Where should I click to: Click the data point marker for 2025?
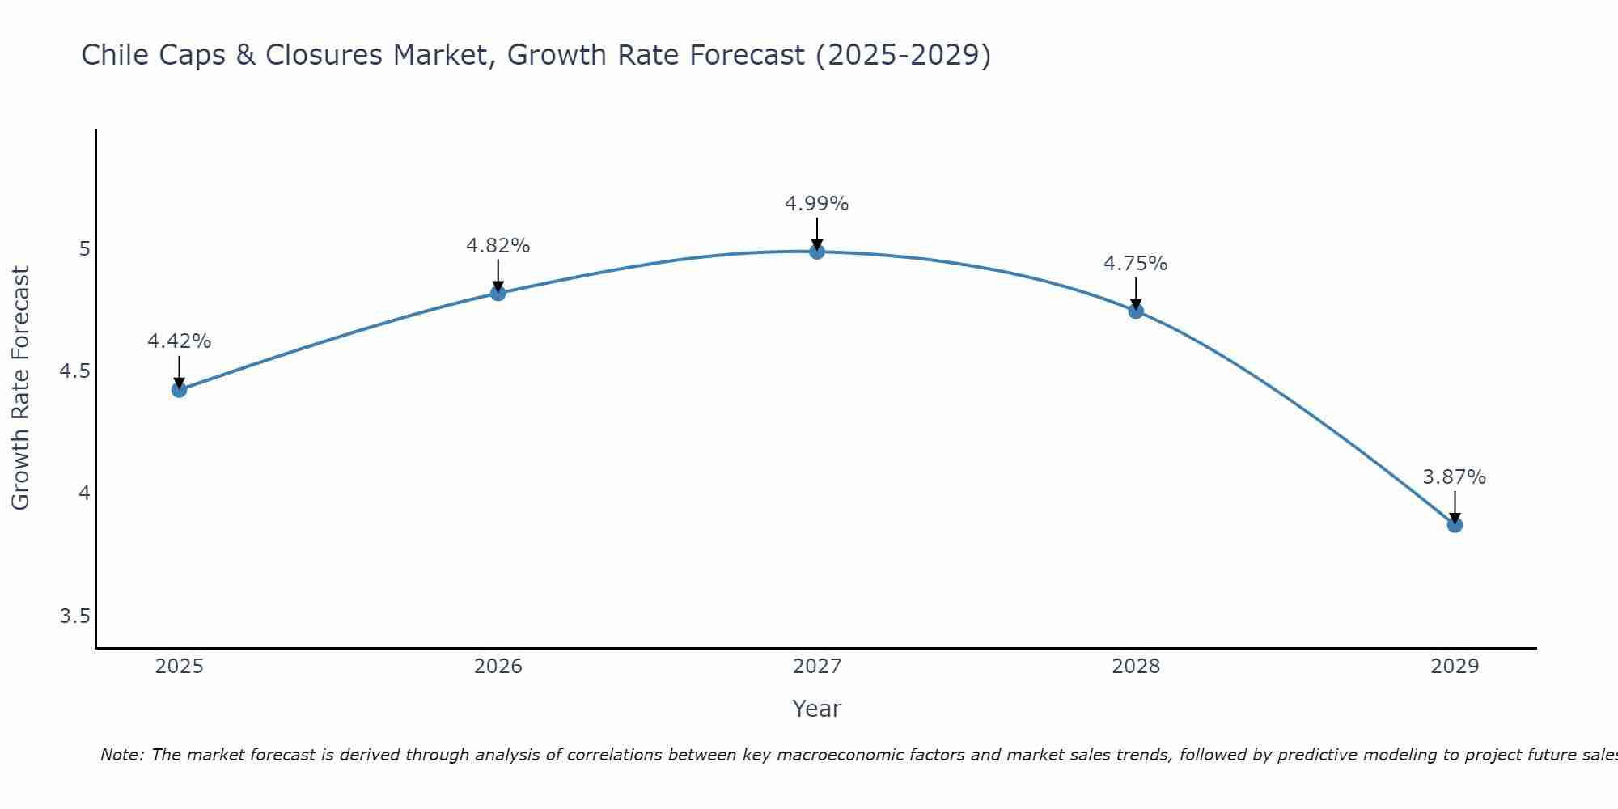(x=179, y=390)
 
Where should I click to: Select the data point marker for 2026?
(x=498, y=293)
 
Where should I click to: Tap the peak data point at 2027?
(x=817, y=252)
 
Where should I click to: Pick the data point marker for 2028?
(x=1136, y=311)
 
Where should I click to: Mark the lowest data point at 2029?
(x=1455, y=525)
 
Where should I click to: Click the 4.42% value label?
(x=179, y=341)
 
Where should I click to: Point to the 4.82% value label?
(x=498, y=246)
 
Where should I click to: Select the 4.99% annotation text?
(x=817, y=204)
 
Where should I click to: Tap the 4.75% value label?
(x=1136, y=264)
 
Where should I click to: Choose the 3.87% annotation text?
(x=1455, y=477)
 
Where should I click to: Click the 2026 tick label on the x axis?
(x=498, y=667)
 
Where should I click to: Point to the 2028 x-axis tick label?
(x=1136, y=667)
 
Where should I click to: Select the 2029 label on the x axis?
(x=1455, y=667)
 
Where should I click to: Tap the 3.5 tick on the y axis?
(x=74, y=617)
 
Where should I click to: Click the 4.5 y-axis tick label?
(x=74, y=371)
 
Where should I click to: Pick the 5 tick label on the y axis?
(x=84, y=249)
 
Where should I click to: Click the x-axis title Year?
(x=817, y=709)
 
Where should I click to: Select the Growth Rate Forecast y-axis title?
(x=20, y=388)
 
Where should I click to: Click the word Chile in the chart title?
(x=113, y=55)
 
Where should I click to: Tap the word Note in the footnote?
(x=121, y=755)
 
